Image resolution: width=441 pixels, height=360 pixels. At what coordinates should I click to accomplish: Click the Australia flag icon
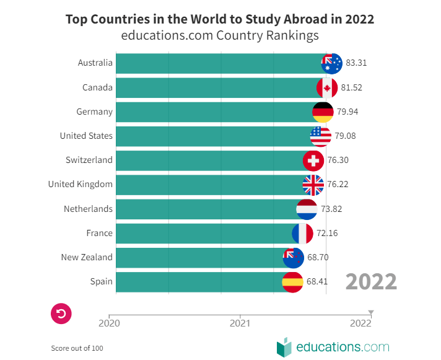coord(332,63)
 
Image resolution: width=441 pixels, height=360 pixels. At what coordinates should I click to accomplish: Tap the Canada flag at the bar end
coord(327,87)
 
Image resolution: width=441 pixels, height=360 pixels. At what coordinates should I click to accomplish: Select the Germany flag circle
coord(323,112)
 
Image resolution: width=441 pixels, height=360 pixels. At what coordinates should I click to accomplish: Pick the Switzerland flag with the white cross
coord(313,160)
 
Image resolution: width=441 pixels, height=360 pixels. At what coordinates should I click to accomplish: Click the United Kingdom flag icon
coord(313,185)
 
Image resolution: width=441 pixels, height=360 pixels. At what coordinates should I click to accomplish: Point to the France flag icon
coord(302,234)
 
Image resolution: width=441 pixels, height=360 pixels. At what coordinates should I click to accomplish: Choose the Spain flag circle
coord(292,282)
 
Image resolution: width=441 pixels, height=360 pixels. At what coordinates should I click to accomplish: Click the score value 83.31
coord(357,63)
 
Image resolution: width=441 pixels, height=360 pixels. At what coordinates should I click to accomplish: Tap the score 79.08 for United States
coord(345,136)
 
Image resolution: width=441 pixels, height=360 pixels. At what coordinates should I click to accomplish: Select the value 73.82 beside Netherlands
coord(331,209)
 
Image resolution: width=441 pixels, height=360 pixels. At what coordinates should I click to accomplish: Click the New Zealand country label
coord(87,257)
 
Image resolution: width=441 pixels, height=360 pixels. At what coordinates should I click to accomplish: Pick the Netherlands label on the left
coord(88,209)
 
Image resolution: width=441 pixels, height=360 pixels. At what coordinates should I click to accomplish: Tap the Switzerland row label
coord(89,160)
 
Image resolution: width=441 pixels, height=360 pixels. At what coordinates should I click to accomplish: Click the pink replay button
coord(61,314)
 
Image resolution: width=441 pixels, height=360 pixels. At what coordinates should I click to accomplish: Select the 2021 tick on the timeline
coord(240,322)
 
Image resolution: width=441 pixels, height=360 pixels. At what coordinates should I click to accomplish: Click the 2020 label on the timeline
coord(109,322)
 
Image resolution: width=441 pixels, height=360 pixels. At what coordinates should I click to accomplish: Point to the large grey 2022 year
coord(371,281)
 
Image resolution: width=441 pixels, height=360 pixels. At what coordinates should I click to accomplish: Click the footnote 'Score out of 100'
coord(77,348)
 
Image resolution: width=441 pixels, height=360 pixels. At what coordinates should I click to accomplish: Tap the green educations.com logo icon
coord(284,347)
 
